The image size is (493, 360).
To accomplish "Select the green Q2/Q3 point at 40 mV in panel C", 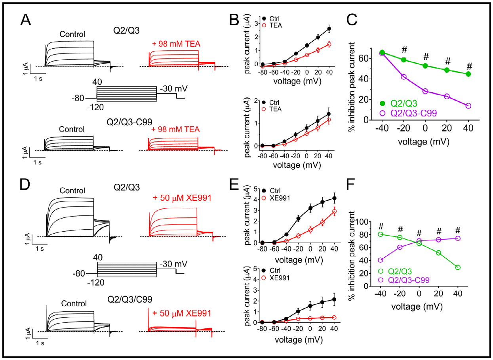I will click(468, 74).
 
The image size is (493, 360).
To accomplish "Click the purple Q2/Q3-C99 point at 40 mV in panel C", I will click(468, 106).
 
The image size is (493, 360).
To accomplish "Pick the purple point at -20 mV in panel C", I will click(404, 77).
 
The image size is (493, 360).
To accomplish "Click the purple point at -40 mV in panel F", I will click(381, 260).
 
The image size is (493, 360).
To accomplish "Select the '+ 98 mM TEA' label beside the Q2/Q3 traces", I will click(172, 43).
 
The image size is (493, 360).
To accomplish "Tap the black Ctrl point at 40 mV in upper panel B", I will click(329, 29).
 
